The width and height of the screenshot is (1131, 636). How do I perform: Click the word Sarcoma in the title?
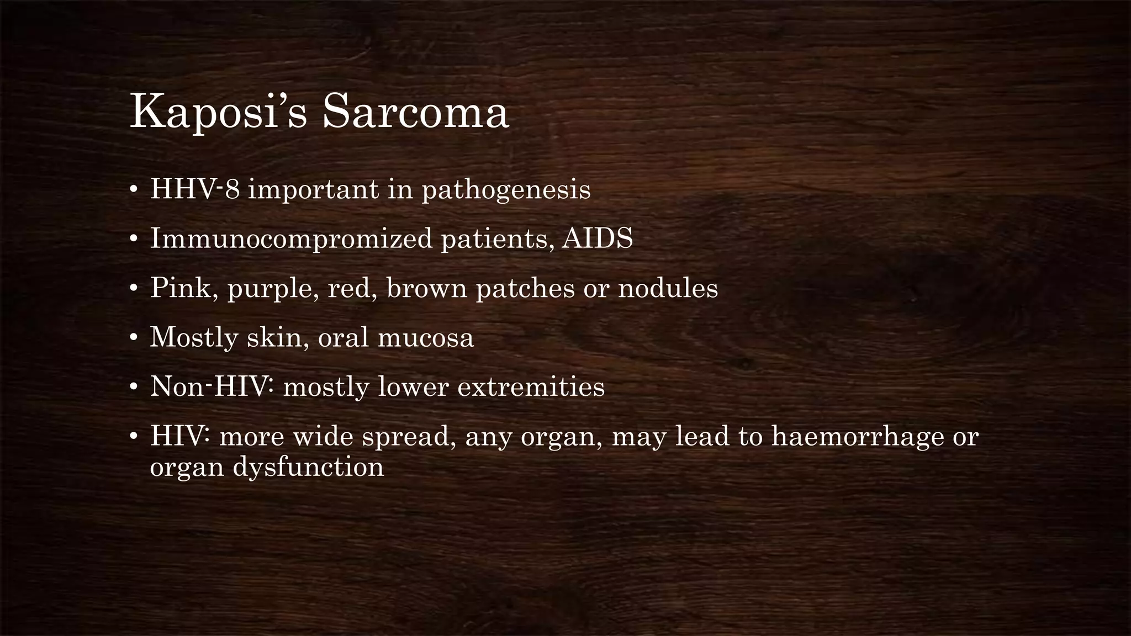(415, 113)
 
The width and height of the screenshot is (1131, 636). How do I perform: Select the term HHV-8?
(195, 189)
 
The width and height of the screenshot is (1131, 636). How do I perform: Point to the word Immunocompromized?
(291, 239)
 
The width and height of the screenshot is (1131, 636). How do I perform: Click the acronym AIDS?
(597, 239)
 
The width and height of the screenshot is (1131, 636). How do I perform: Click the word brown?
(426, 288)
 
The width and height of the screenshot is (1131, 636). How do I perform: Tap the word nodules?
(668, 288)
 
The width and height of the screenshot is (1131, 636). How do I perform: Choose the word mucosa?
(425, 337)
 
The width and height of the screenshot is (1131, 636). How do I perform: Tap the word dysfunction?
(308, 467)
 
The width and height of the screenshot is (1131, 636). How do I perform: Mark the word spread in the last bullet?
(409, 436)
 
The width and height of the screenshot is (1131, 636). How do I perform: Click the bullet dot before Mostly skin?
(133, 338)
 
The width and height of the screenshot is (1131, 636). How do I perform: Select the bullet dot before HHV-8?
(133, 190)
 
